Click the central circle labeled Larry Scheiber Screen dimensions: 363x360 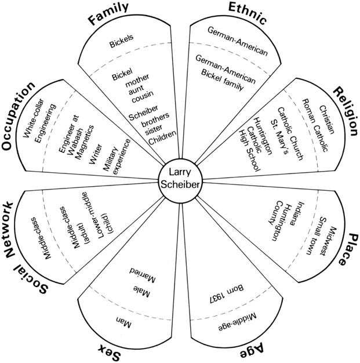pyautogui.click(x=180, y=181)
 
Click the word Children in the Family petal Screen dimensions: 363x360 pyautogui.click(x=161, y=141)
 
